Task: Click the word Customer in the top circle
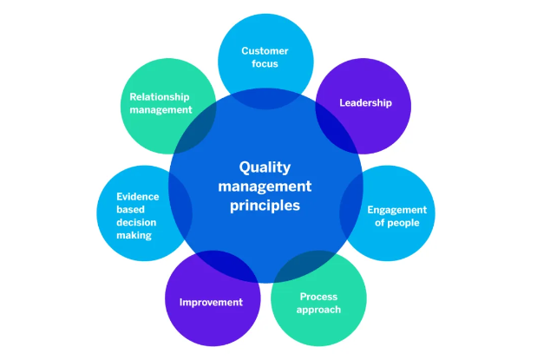click(265, 51)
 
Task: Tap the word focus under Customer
click(265, 63)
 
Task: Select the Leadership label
click(365, 102)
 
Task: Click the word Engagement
click(397, 210)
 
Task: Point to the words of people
click(397, 223)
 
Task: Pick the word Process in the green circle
click(318, 297)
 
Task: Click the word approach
click(318, 310)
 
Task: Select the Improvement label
click(211, 302)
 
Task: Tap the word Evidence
click(138, 197)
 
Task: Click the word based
click(130, 209)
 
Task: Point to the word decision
click(136, 222)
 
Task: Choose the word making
click(134, 235)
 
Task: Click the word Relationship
click(160, 97)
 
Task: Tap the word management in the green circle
click(160, 110)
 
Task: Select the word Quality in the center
click(265, 167)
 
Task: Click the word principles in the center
click(265, 206)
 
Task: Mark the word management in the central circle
click(265, 187)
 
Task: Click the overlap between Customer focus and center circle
click(265, 99)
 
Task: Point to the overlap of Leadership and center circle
click(337, 128)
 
